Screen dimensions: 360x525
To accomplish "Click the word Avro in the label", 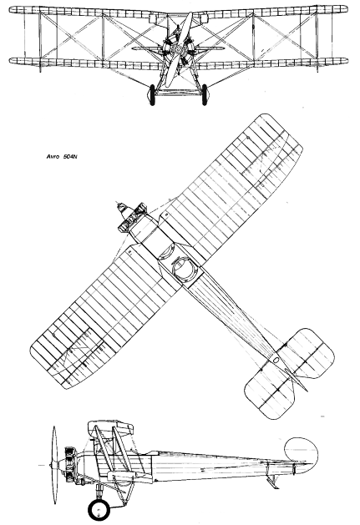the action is tap(53, 156).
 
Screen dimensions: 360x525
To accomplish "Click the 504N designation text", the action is tap(70, 156).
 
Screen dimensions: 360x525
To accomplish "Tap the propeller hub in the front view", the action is tap(178, 51).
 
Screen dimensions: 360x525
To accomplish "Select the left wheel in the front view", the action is tap(152, 95).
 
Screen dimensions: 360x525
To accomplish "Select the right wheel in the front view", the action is tap(205, 95).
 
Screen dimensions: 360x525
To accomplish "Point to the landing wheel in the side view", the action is tap(99, 510).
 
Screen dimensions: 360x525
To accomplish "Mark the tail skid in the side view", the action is tap(272, 482).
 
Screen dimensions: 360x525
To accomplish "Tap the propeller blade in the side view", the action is tap(53, 466).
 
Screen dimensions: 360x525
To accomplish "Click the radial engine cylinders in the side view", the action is tap(69, 465).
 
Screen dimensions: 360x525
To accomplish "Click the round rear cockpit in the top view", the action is tap(184, 270).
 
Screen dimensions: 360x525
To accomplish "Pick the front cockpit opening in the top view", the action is tap(166, 251).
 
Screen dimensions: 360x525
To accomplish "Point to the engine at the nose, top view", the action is tap(132, 217).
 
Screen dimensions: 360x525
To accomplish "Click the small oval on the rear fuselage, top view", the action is tap(276, 361).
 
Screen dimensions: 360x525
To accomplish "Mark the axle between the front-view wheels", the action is tap(178, 91).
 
